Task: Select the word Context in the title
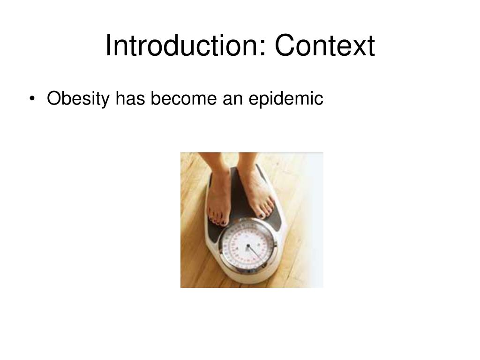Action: (325, 46)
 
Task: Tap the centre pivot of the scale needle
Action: (248, 245)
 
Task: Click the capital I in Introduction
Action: (108, 46)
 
